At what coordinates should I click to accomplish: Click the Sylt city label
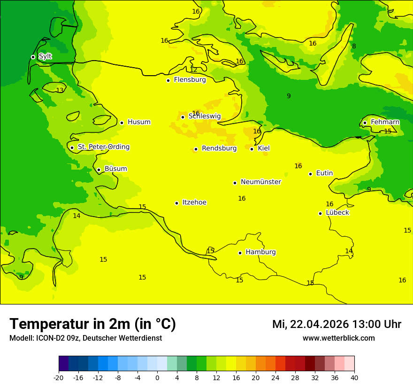click(x=45, y=56)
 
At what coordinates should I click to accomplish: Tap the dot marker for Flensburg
click(x=168, y=80)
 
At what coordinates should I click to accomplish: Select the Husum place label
click(x=139, y=122)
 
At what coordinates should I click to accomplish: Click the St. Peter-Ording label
click(x=103, y=147)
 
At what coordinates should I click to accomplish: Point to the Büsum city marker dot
click(x=99, y=170)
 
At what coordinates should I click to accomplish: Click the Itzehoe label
click(x=194, y=203)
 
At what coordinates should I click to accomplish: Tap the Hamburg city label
click(x=260, y=252)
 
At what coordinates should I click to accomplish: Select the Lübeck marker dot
click(x=320, y=213)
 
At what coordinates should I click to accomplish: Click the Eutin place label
click(x=324, y=173)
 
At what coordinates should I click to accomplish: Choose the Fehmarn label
click(x=385, y=122)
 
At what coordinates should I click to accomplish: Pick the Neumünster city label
click(x=260, y=182)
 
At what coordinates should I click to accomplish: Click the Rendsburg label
click(x=219, y=148)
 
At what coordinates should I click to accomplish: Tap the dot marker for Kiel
click(x=252, y=149)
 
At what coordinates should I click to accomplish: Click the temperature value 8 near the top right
click(x=354, y=46)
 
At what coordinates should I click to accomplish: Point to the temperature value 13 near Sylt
click(x=60, y=90)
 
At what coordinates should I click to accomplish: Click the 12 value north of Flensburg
click(x=193, y=70)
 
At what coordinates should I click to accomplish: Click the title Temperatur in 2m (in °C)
click(x=92, y=324)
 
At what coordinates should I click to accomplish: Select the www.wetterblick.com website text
click(x=338, y=338)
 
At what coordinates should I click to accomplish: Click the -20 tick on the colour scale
click(x=59, y=377)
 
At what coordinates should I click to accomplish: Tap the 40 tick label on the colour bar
click(x=354, y=377)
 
